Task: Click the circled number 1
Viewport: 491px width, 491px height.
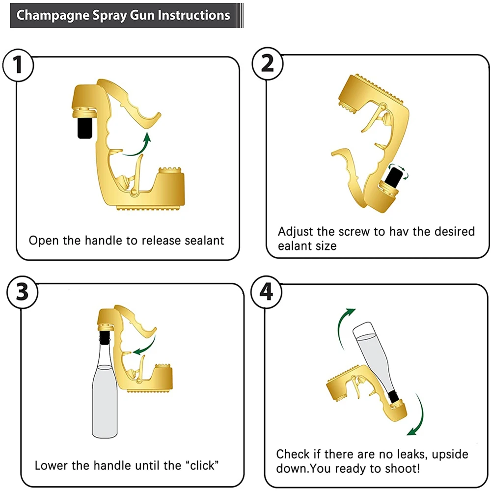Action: click(18, 65)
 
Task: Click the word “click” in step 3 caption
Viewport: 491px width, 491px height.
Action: click(199, 465)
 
